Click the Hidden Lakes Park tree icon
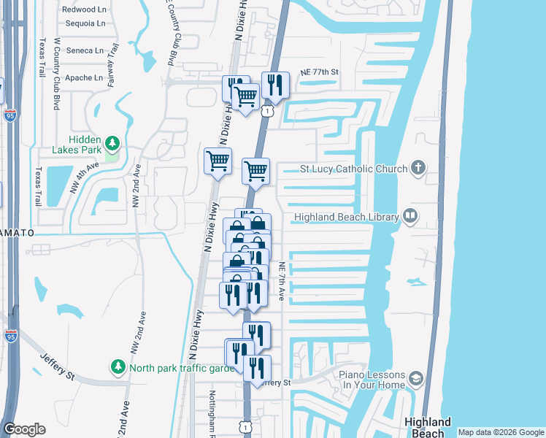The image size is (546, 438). pos(112,142)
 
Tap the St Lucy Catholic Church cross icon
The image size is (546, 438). pos(418,169)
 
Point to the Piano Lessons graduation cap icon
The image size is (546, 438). pos(415,378)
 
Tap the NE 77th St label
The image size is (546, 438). pos(320,72)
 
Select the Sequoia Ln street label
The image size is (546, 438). pos(84,23)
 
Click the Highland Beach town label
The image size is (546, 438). pos(428,427)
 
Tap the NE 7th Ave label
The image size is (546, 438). pos(281,282)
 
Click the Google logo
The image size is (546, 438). pos(24,429)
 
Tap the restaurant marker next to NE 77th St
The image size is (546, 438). pos(274,84)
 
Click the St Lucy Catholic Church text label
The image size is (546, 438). pos(353,169)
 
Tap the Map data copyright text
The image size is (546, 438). pos(501,432)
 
